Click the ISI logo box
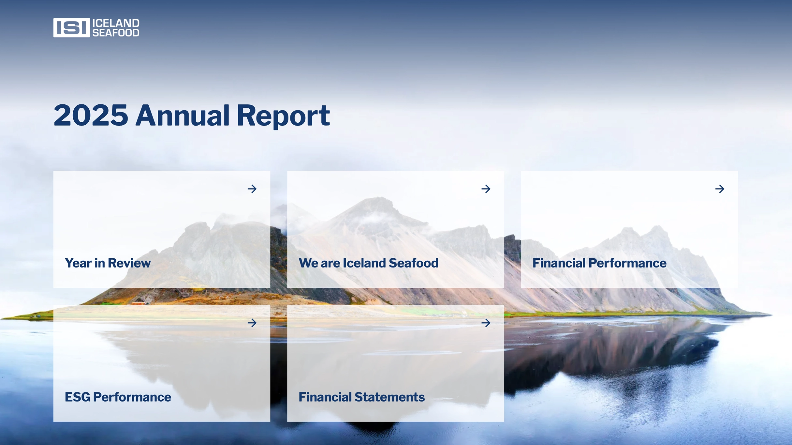[x=71, y=27]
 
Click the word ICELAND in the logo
[x=116, y=23]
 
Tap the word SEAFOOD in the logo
[x=116, y=33]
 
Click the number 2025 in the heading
[x=91, y=115]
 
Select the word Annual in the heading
[x=183, y=115]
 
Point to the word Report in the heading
[x=283, y=116]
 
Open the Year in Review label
[x=108, y=263]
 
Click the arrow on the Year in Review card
[x=252, y=189]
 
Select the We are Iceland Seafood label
[x=368, y=263]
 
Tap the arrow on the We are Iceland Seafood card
[x=486, y=189]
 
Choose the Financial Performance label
[x=599, y=263]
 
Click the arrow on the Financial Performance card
[x=720, y=189]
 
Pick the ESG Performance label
[x=118, y=397]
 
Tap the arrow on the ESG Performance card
[x=252, y=323]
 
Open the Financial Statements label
[x=361, y=397]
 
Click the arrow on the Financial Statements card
[x=486, y=323]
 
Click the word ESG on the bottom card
[x=78, y=397]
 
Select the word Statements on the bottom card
[x=389, y=397]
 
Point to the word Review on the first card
[x=129, y=263]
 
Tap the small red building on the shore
[x=139, y=303]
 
